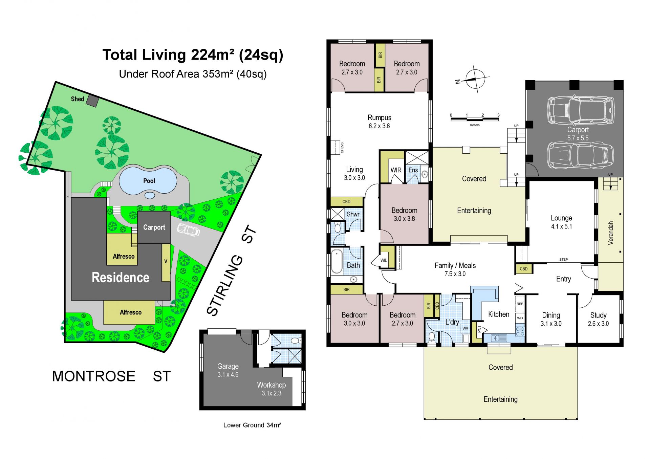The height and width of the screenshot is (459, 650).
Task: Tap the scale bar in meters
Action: click(x=475, y=118)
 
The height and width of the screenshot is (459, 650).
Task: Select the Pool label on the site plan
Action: click(x=149, y=181)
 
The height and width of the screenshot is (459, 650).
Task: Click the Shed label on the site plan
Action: click(x=78, y=99)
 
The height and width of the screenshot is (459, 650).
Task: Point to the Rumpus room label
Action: click(x=380, y=118)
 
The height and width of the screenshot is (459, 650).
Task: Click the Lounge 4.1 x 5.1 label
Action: click(x=561, y=222)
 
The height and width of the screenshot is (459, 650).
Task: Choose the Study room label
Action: click(x=598, y=315)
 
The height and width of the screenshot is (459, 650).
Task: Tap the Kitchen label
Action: click(x=499, y=314)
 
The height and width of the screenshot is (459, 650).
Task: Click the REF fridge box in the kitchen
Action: click(x=520, y=304)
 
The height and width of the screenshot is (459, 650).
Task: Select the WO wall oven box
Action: click(x=520, y=318)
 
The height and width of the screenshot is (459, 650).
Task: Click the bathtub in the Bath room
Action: click(x=337, y=261)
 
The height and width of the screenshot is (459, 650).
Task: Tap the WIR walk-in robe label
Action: click(x=396, y=170)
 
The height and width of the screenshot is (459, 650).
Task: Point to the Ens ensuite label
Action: click(x=413, y=170)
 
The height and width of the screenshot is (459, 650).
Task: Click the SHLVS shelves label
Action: click(x=342, y=148)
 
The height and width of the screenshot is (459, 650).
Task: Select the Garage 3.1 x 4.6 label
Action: click(x=228, y=370)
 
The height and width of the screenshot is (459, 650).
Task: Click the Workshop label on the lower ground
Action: click(x=271, y=385)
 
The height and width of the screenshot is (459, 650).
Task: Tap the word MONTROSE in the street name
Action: click(x=94, y=376)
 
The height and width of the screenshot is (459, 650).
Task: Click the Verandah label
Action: click(x=611, y=233)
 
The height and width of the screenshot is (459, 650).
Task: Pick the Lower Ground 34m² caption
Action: click(x=252, y=425)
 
